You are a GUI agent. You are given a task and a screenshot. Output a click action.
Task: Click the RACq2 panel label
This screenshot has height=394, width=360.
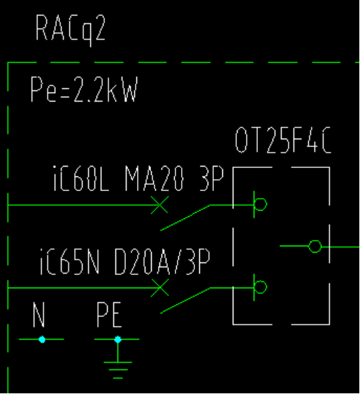point(71,29)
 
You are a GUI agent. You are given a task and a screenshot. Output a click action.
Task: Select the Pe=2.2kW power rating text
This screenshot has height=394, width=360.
point(84,89)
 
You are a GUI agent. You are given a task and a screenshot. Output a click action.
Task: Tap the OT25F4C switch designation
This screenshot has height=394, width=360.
point(283,140)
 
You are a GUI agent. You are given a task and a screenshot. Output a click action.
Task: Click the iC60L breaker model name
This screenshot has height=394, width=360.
point(81,178)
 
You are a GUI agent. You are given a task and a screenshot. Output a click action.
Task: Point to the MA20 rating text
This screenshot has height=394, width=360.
point(154,178)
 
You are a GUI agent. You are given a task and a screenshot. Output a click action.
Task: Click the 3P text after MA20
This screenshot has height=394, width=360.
point(211,178)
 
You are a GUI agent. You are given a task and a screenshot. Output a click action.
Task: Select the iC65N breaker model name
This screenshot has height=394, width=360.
point(69,262)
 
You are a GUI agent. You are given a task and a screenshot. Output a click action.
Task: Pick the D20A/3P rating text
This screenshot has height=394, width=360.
point(162,262)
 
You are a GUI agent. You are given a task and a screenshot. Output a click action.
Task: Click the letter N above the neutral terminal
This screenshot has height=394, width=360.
point(39,315)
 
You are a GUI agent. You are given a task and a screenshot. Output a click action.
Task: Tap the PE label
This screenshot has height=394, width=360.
point(109,315)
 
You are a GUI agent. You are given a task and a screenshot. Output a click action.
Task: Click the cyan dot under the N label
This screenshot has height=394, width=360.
point(42,339)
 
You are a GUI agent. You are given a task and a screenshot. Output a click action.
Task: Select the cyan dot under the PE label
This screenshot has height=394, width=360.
point(117,339)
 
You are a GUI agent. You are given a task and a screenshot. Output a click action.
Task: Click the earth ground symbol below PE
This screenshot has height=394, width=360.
point(117,370)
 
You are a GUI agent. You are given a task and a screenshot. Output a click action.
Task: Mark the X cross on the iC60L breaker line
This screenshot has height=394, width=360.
point(159,205)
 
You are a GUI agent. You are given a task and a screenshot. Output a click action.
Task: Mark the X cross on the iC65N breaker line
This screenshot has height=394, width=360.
point(159,288)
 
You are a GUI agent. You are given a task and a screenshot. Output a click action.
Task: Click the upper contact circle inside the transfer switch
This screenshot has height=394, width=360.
point(261,198)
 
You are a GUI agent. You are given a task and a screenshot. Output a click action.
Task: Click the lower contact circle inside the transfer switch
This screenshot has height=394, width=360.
point(261,281)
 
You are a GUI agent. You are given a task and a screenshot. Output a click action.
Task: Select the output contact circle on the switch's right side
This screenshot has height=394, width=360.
point(315,241)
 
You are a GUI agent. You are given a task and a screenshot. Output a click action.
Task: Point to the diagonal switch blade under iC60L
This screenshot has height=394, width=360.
point(185,218)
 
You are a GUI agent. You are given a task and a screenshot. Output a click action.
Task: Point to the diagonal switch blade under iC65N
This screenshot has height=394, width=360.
point(185,300)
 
